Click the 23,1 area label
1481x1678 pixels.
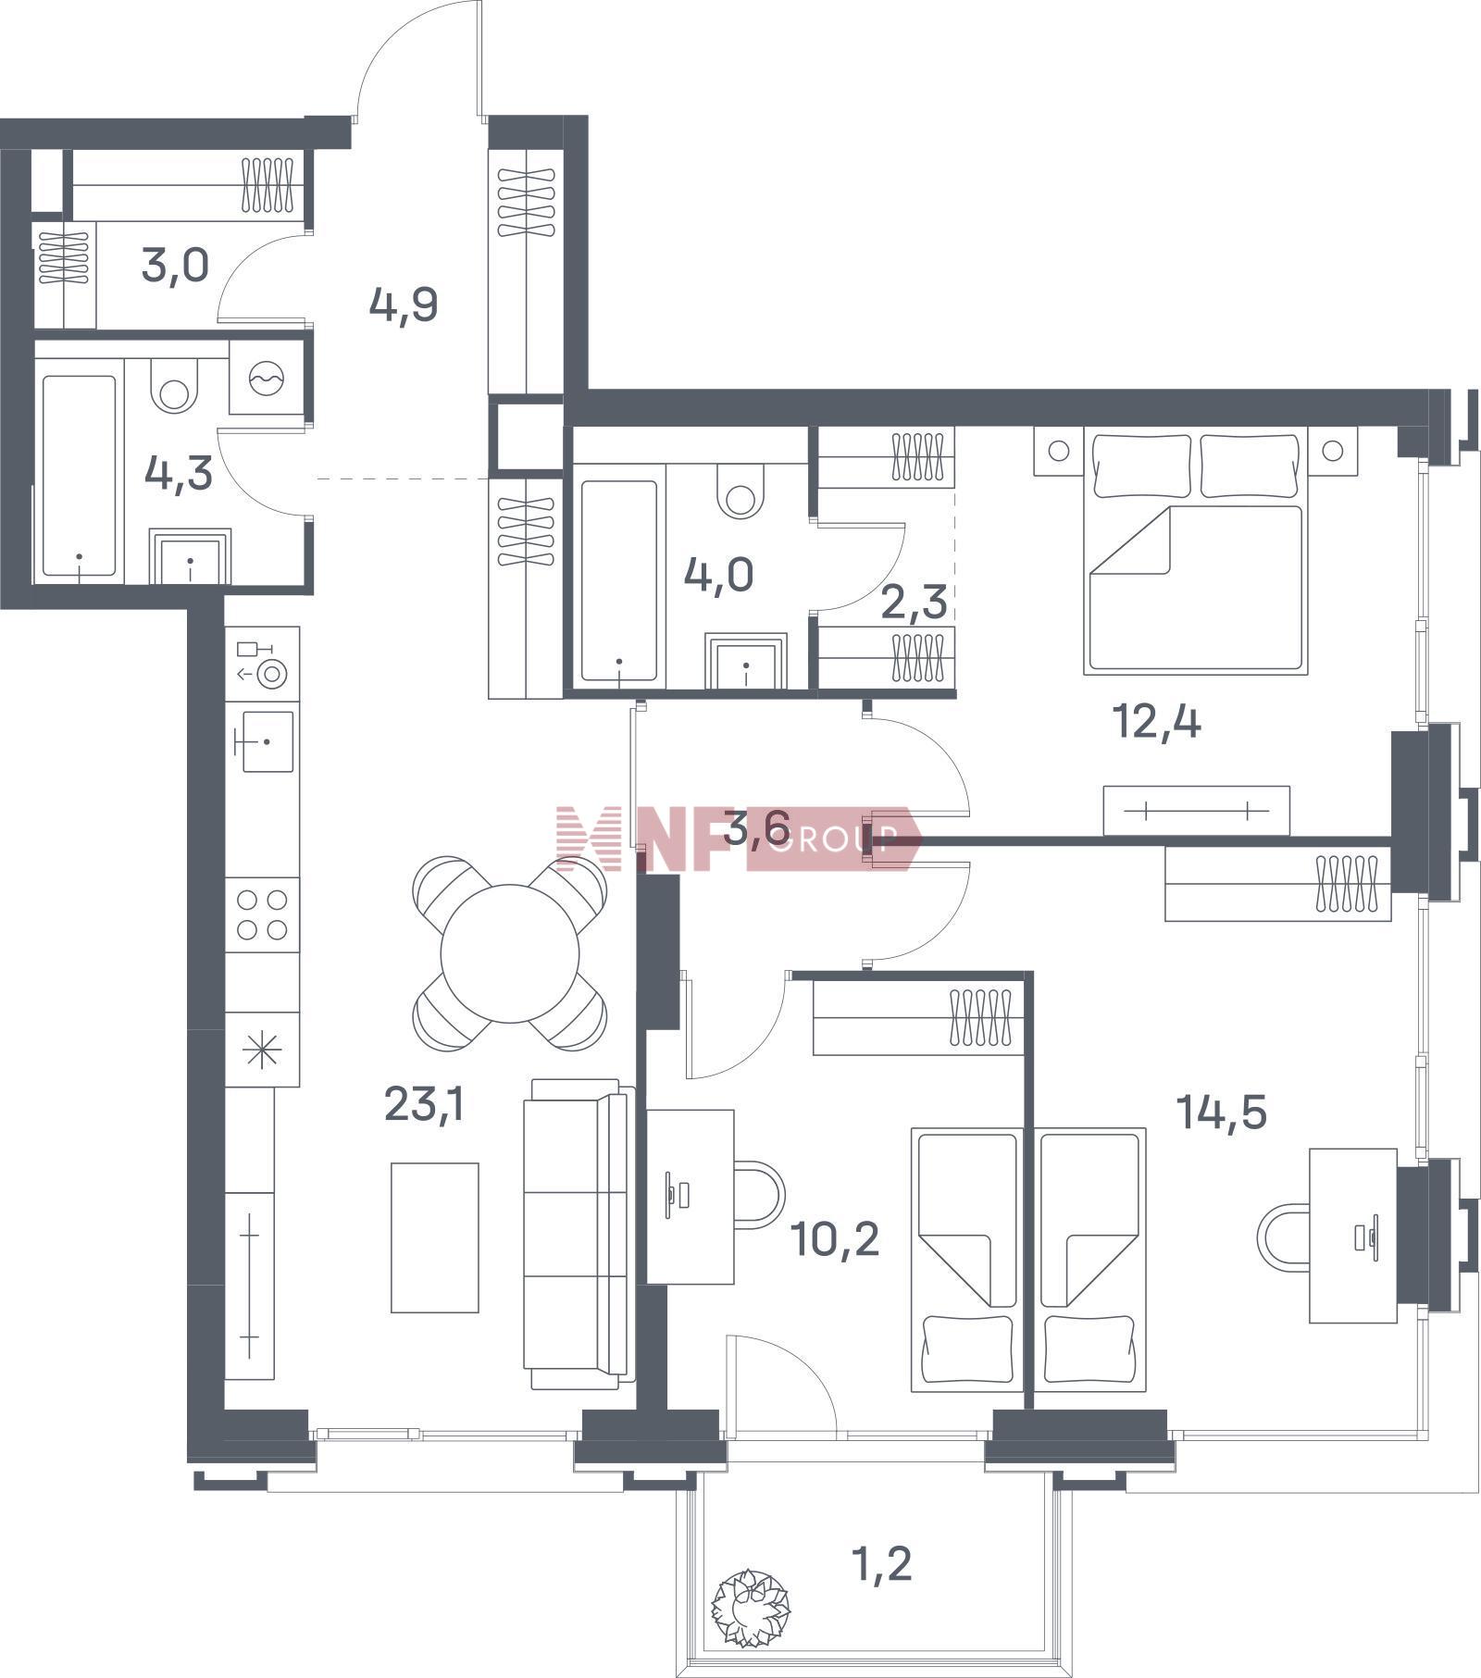pyautogui.click(x=423, y=1103)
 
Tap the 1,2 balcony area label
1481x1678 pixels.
pyautogui.click(x=880, y=1563)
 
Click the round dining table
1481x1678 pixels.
pyautogui.click(x=510, y=953)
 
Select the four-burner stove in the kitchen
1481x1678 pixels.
pyautogui.click(x=262, y=914)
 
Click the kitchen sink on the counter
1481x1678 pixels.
pyautogui.click(x=268, y=740)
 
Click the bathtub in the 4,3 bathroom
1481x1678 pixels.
pyautogui.click(x=79, y=476)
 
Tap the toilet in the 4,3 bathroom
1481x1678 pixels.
pyautogui.click(x=174, y=387)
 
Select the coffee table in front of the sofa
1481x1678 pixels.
pyautogui.click(x=435, y=1237)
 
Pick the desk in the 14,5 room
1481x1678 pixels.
pyautogui.click(x=1353, y=1236)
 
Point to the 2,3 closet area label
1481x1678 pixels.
pyautogui.click(x=914, y=602)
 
